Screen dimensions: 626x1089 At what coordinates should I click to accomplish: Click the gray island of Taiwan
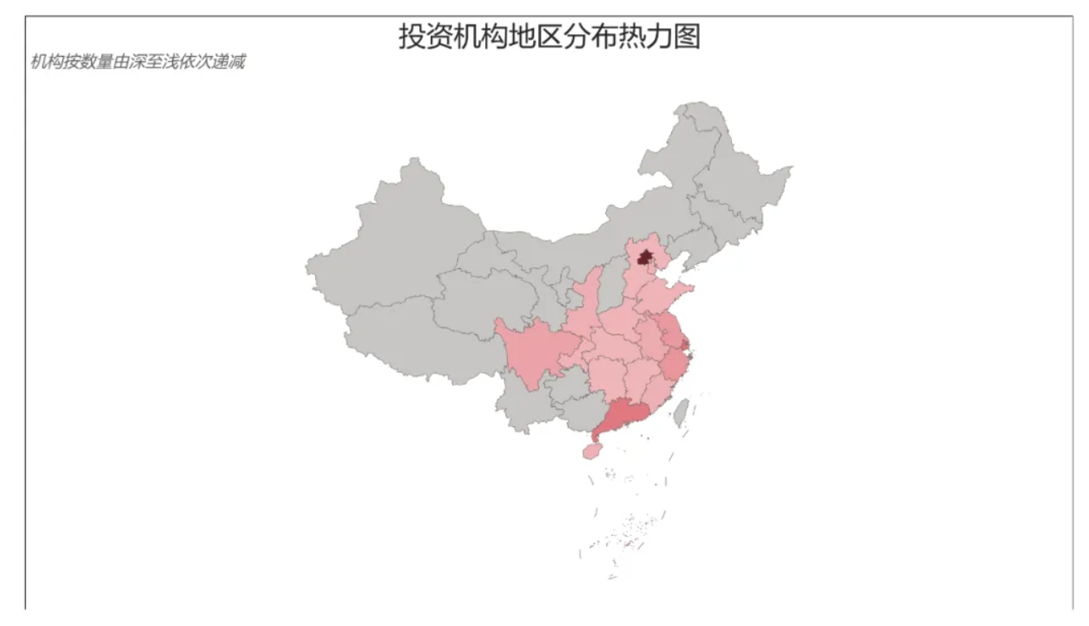click(682, 412)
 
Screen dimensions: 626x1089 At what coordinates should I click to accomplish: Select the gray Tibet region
click(406, 341)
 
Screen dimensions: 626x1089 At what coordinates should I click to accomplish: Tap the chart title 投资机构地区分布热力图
click(549, 37)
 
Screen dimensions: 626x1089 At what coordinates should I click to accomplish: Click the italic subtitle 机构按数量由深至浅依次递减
click(137, 63)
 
